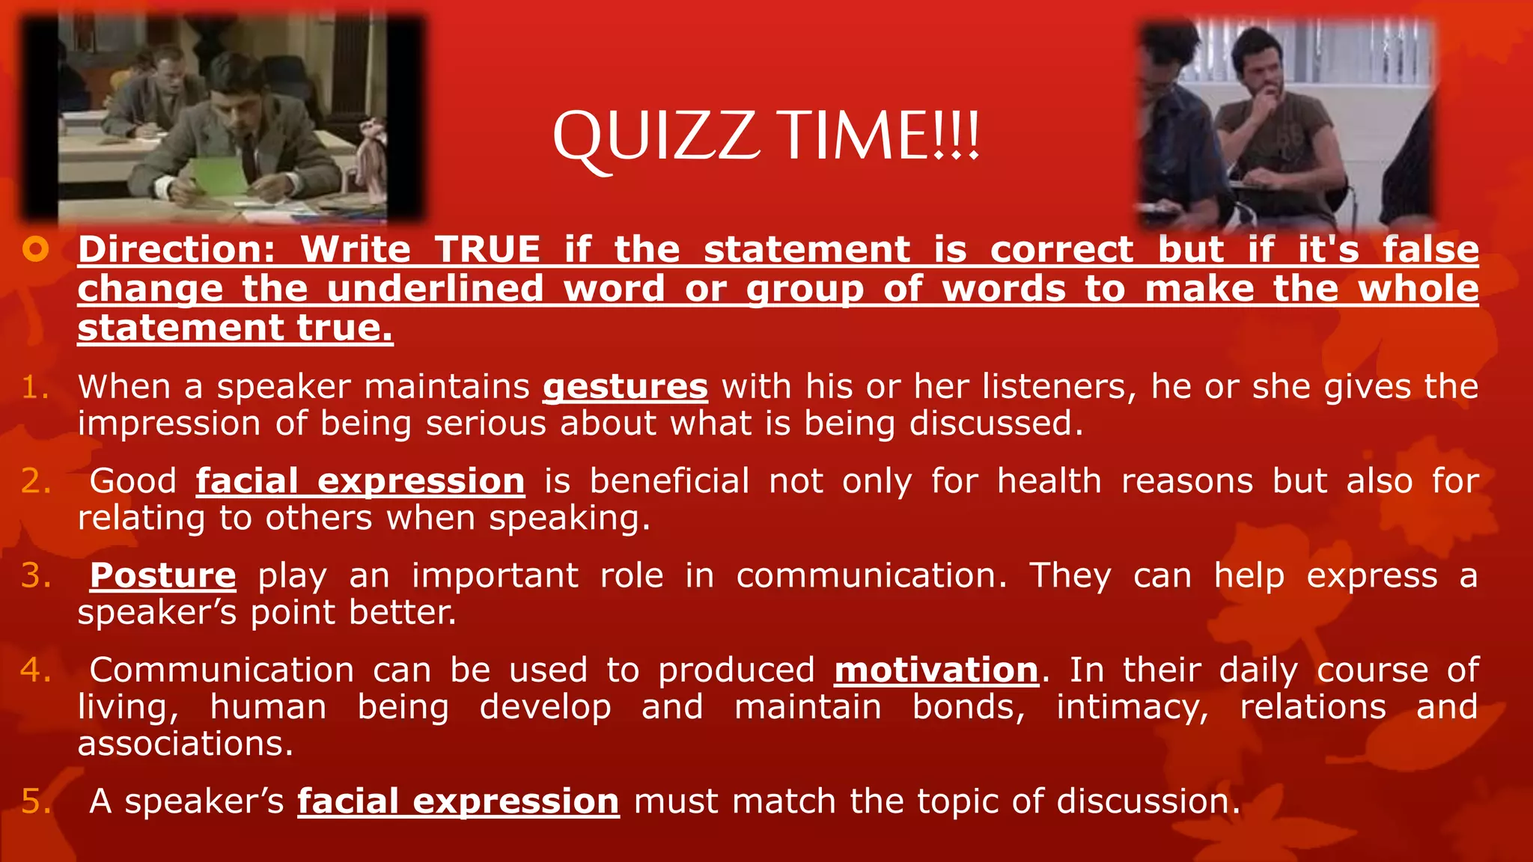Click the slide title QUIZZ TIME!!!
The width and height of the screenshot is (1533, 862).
766,137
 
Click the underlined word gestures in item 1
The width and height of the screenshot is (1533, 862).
625,388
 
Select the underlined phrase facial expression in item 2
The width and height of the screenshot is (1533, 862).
360,481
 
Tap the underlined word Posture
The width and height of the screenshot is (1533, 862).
162,575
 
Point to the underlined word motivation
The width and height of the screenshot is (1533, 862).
936,670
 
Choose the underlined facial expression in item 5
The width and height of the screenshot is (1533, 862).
458,801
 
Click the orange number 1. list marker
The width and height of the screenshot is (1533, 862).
34,388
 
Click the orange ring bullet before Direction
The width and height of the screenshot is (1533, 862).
35,249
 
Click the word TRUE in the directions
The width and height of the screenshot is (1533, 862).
487,249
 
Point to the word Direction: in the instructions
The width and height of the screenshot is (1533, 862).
177,249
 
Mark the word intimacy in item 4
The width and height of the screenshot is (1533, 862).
1132,708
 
